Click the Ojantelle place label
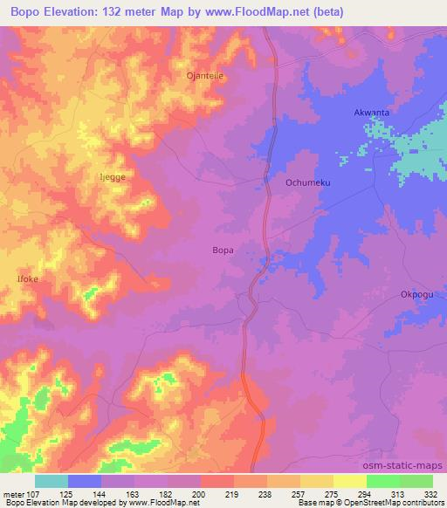[205, 76]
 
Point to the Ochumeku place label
[306, 182]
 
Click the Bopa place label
[223, 251]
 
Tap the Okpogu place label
[416, 294]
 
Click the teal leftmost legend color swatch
[52, 481]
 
